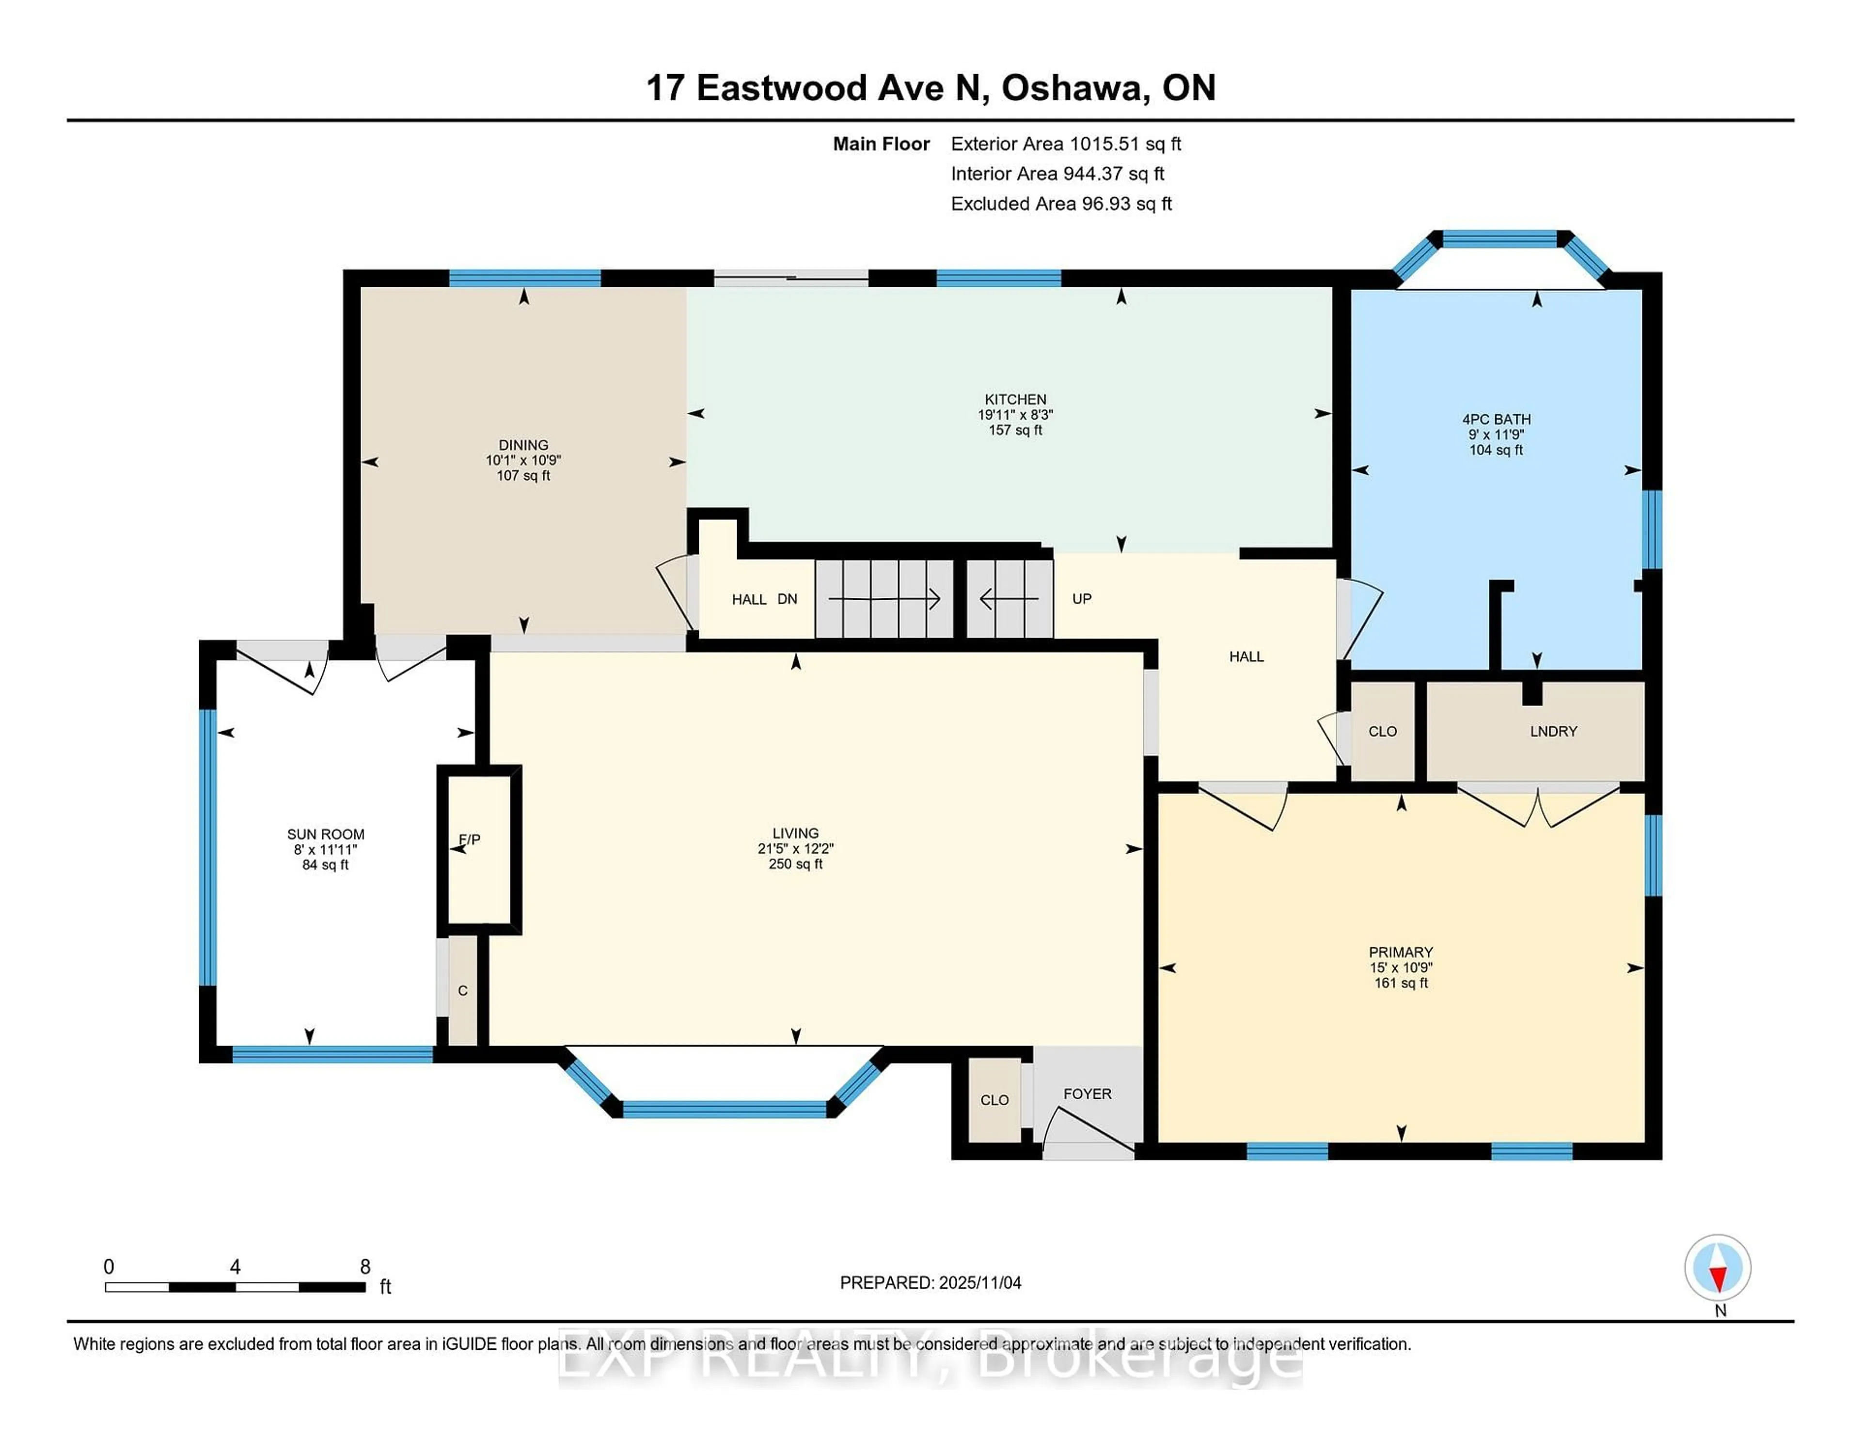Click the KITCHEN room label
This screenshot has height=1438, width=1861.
pyautogui.click(x=1015, y=399)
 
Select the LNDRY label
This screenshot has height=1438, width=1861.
pyautogui.click(x=1553, y=731)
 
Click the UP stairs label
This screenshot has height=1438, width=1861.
pyautogui.click(x=1081, y=599)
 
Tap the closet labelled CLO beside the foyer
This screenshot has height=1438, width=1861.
pyautogui.click(x=994, y=1100)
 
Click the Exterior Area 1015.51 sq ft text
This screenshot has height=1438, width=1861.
pyautogui.click(x=1065, y=144)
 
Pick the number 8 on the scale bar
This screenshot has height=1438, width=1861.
pyautogui.click(x=365, y=1267)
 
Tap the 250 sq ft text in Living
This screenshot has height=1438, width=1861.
pyautogui.click(x=795, y=864)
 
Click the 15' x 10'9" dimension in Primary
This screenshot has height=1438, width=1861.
pyautogui.click(x=1400, y=968)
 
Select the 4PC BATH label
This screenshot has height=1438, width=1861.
pyautogui.click(x=1496, y=419)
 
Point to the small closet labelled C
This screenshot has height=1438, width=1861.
pyautogui.click(x=463, y=991)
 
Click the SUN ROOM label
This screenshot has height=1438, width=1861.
pyautogui.click(x=326, y=834)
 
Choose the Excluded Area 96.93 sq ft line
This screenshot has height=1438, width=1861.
pyautogui.click(x=1061, y=203)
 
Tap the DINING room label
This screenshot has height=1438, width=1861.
pyautogui.click(x=523, y=445)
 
